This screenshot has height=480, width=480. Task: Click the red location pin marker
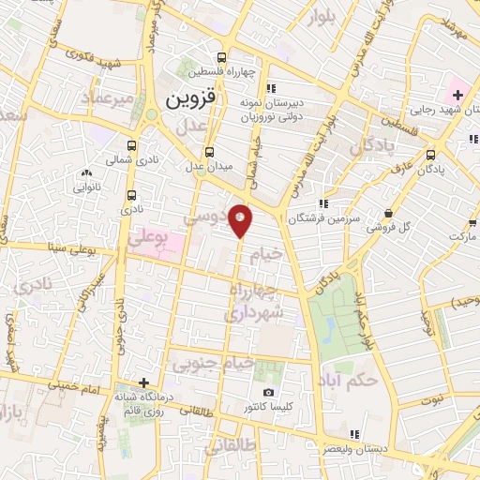241,221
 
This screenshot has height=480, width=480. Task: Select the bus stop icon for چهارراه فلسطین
221,55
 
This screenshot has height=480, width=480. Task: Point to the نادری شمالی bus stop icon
130,145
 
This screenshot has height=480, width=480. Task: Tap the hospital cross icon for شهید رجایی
457,96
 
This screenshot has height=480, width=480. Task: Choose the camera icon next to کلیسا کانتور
269,392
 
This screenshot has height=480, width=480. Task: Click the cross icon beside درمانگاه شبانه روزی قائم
142,382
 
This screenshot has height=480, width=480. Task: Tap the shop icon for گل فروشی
389,213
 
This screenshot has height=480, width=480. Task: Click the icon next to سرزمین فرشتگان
322,202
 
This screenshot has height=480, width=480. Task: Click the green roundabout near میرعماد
150,115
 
